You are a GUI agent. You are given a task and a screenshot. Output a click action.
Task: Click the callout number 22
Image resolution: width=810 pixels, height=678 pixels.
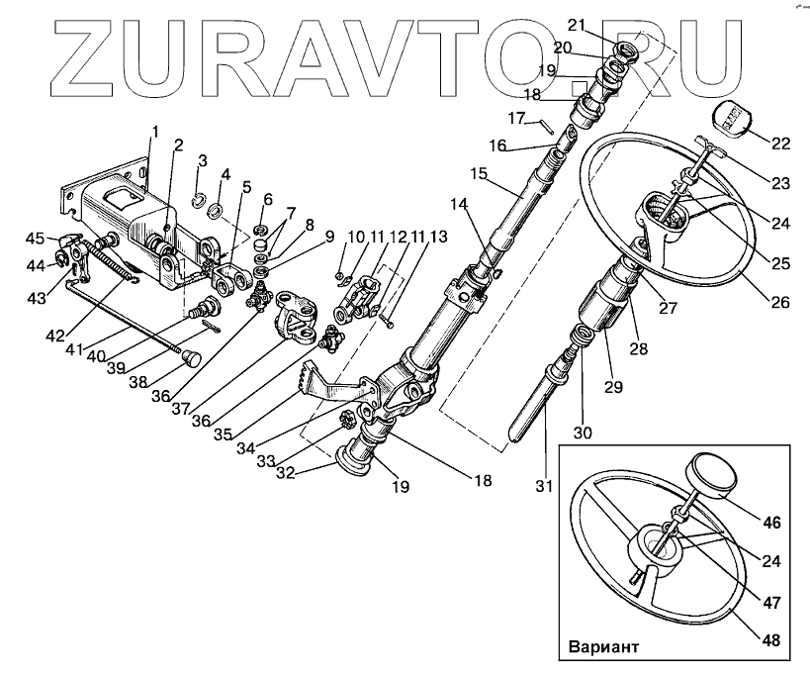coord(781,145)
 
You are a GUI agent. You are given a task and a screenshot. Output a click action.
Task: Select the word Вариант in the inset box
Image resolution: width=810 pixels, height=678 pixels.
coord(602,650)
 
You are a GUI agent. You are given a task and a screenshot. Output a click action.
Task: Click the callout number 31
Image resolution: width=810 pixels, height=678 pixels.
coord(542,486)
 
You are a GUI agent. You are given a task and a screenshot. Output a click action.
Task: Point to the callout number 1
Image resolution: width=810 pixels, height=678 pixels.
coord(154,132)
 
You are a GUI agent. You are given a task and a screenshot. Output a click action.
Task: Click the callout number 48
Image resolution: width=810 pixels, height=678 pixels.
coord(772,640)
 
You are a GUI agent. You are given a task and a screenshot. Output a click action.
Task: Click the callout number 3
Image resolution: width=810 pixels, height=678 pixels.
coord(202,160)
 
